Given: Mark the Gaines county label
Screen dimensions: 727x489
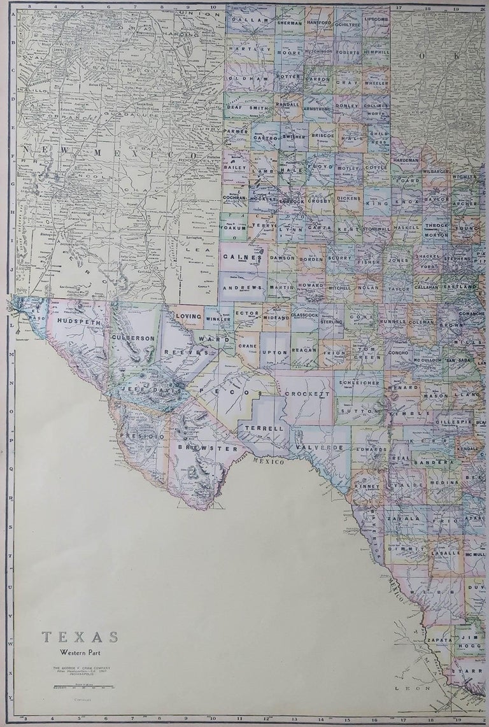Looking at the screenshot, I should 242,257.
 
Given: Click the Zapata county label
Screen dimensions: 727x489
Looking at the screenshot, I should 439,639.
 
